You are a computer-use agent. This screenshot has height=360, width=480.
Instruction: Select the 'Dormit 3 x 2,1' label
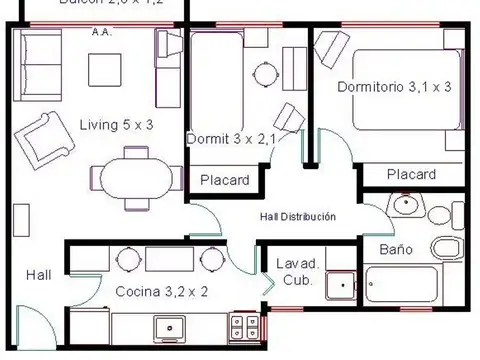(x=230, y=139)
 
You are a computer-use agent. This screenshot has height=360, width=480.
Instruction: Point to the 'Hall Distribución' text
(x=298, y=216)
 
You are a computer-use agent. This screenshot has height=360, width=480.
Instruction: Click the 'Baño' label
(x=397, y=248)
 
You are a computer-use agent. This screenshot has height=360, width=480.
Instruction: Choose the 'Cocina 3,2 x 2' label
(x=161, y=292)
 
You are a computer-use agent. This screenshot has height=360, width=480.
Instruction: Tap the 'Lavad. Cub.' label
(x=296, y=272)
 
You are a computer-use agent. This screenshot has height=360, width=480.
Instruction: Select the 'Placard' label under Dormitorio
(x=411, y=174)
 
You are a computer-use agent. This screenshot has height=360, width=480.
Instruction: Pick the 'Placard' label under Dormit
(x=224, y=180)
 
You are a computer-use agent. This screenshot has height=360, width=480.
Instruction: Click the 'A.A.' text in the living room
(x=100, y=33)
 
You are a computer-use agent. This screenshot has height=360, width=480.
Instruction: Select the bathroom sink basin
(x=405, y=206)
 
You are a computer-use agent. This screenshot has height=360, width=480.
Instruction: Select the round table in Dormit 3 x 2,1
(x=265, y=74)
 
